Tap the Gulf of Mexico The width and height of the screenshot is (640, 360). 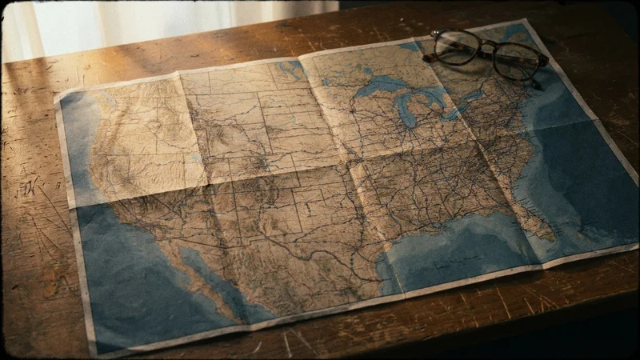pos(448,248)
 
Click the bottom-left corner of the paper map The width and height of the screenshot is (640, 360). pos(96,353)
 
